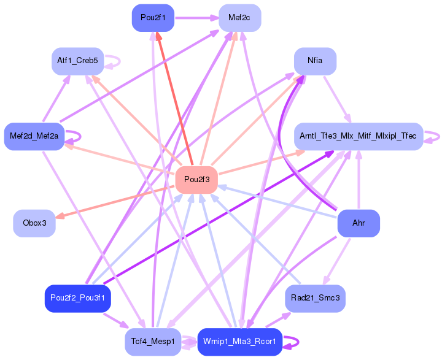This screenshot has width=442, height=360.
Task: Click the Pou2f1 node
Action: click(153, 18)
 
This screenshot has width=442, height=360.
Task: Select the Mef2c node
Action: click(239, 18)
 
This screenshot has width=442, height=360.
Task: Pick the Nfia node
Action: click(315, 61)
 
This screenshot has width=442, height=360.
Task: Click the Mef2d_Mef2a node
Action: click(34, 136)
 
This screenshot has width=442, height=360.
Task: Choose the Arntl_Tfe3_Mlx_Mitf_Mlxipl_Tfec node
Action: click(358, 136)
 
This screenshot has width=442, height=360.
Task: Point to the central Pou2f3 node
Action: click(196, 180)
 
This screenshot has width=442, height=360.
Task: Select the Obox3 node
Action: click(34, 223)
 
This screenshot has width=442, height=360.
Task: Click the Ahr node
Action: click(359, 223)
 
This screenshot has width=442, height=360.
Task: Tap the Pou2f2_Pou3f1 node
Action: click(77, 298)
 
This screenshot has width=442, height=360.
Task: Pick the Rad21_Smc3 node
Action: click(316, 298)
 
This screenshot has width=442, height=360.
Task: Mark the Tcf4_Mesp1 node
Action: click(152, 341)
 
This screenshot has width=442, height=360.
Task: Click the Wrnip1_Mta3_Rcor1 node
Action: click(239, 341)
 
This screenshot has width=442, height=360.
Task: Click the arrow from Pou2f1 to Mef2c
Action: click(196, 18)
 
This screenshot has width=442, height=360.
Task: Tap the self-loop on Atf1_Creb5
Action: click(113, 61)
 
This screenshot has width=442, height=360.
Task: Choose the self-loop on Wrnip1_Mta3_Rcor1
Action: click(293, 341)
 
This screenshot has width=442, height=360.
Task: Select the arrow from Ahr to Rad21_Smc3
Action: click(338, 260)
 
